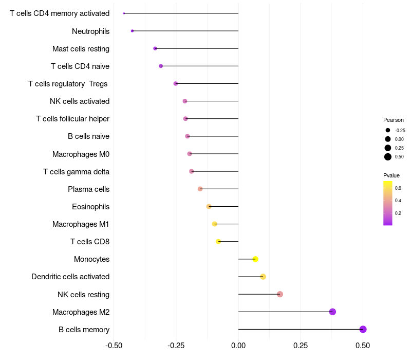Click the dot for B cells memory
tap(363, 330)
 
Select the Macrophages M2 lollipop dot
tap(332, 312)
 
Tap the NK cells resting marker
tap(280, 294)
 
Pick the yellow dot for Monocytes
tap(255, 259)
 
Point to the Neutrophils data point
tap(133, 31)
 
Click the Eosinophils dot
tap(209, 206)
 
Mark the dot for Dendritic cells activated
tap(263, 277)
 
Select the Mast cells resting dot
tap(155, 48)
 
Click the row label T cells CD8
tap(89, 242)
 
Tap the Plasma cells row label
tap(88, 189)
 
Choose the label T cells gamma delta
tap(76, 171)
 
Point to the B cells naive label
tap(88, 136)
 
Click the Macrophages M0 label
tap(81, 154)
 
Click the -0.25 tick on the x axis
tap(176, 345)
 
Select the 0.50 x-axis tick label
tap(363, 345)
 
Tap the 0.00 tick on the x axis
tap(238, 345)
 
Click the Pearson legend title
tap(394, 120)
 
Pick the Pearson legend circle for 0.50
tap(388, 157)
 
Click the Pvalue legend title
tap(391, 175)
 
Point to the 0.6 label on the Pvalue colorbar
tap(398, 188)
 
